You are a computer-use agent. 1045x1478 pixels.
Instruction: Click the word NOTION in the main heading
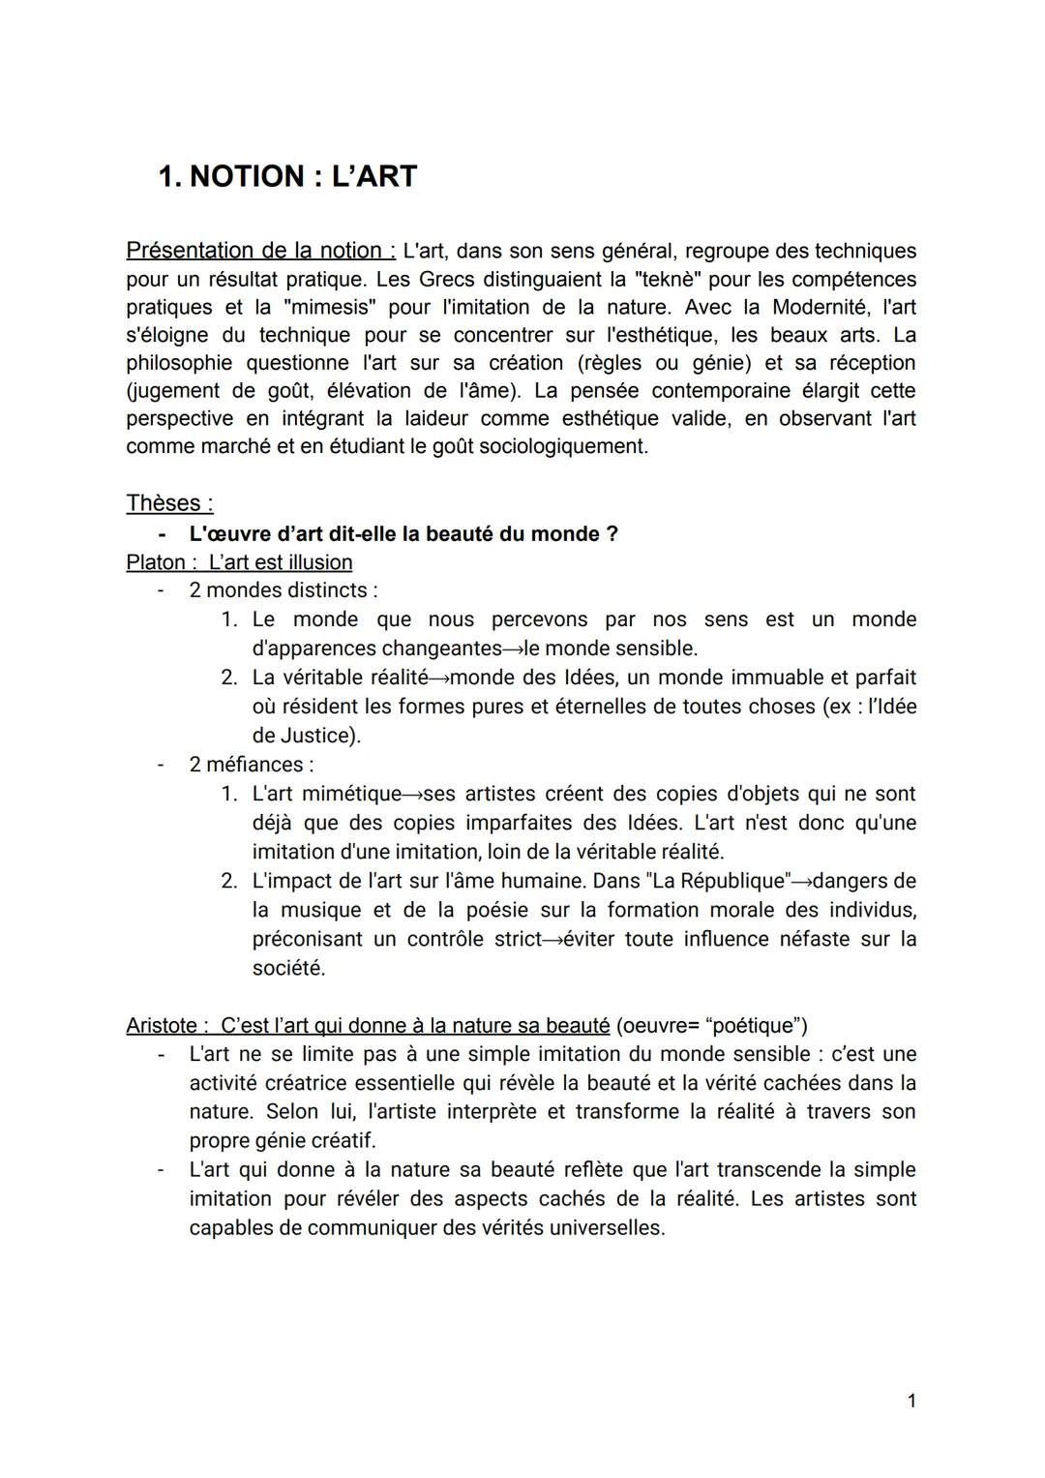tap(247, 176)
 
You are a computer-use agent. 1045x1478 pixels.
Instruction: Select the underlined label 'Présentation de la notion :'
tap(260, 251)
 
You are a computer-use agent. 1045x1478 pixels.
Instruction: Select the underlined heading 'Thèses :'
tap(169, 503)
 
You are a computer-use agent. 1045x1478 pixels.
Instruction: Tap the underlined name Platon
tap(155, 562)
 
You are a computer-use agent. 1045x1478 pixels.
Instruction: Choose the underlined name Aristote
tap(163, 1025)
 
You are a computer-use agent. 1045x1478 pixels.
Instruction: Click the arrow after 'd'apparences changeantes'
tap(513, 649)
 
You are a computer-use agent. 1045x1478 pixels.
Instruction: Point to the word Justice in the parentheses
tap(317, 736)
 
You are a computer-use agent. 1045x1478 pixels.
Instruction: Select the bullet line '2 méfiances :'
tap(252, 765)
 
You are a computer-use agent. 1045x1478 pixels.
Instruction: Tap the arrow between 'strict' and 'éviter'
tap(552, 939)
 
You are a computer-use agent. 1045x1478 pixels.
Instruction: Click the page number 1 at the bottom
tap(911, 1401)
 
